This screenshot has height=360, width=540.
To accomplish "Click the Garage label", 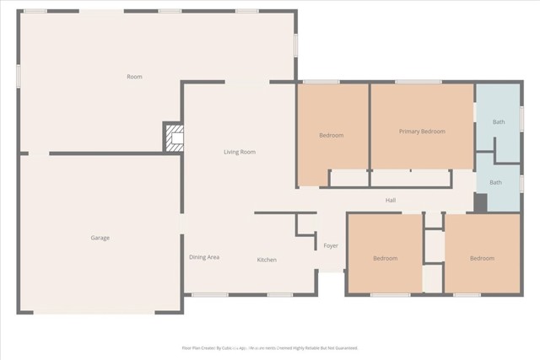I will pyautogui.click(x=100, y=238).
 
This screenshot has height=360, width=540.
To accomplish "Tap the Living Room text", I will pyautogui.click(x=240, y=153).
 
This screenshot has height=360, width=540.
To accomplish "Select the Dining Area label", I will pyautogui.click(x=204, y=257).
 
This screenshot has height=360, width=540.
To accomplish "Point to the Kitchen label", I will pyautogui.click(x=267, y=260).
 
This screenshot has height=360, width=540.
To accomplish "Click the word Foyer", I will pyautogui.click(x=331, y=246).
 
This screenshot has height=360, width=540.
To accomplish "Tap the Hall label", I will pyautogui.click(x=391, y=201).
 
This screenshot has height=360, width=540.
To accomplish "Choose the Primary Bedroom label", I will pyautogui.click(x=422, y=132).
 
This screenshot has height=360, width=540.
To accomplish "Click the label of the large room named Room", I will pyautogui.click(x=134, y=77).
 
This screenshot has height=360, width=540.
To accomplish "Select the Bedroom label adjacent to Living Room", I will pyautogui.click(x=331, y=136).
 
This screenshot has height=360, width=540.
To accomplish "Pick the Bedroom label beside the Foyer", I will pyautogui.click(x=385, y=259).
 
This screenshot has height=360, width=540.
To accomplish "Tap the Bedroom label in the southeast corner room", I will pyautogui.click(x=482, y=259).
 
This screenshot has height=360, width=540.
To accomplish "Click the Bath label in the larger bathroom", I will pyautogui.click(x=499, y=122).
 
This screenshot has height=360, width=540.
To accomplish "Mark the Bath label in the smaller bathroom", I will pyautogui.click(x=496, y=183).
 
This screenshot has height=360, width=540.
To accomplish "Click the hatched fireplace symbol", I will pyautogui.click(x=174, y=137).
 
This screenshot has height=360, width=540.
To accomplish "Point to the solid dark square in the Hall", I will pyautogui.click(x=480, y=203).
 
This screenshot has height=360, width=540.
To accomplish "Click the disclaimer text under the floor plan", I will pyautogui.click(x=270, y=347).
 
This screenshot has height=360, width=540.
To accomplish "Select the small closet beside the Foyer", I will pyautogui.click(x=305, y=224).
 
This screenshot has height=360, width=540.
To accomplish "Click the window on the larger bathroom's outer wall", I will pyautogui.click(x=521, y=119).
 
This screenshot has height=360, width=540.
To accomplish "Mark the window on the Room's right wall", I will pyautogui.click(x=295, y=44).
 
